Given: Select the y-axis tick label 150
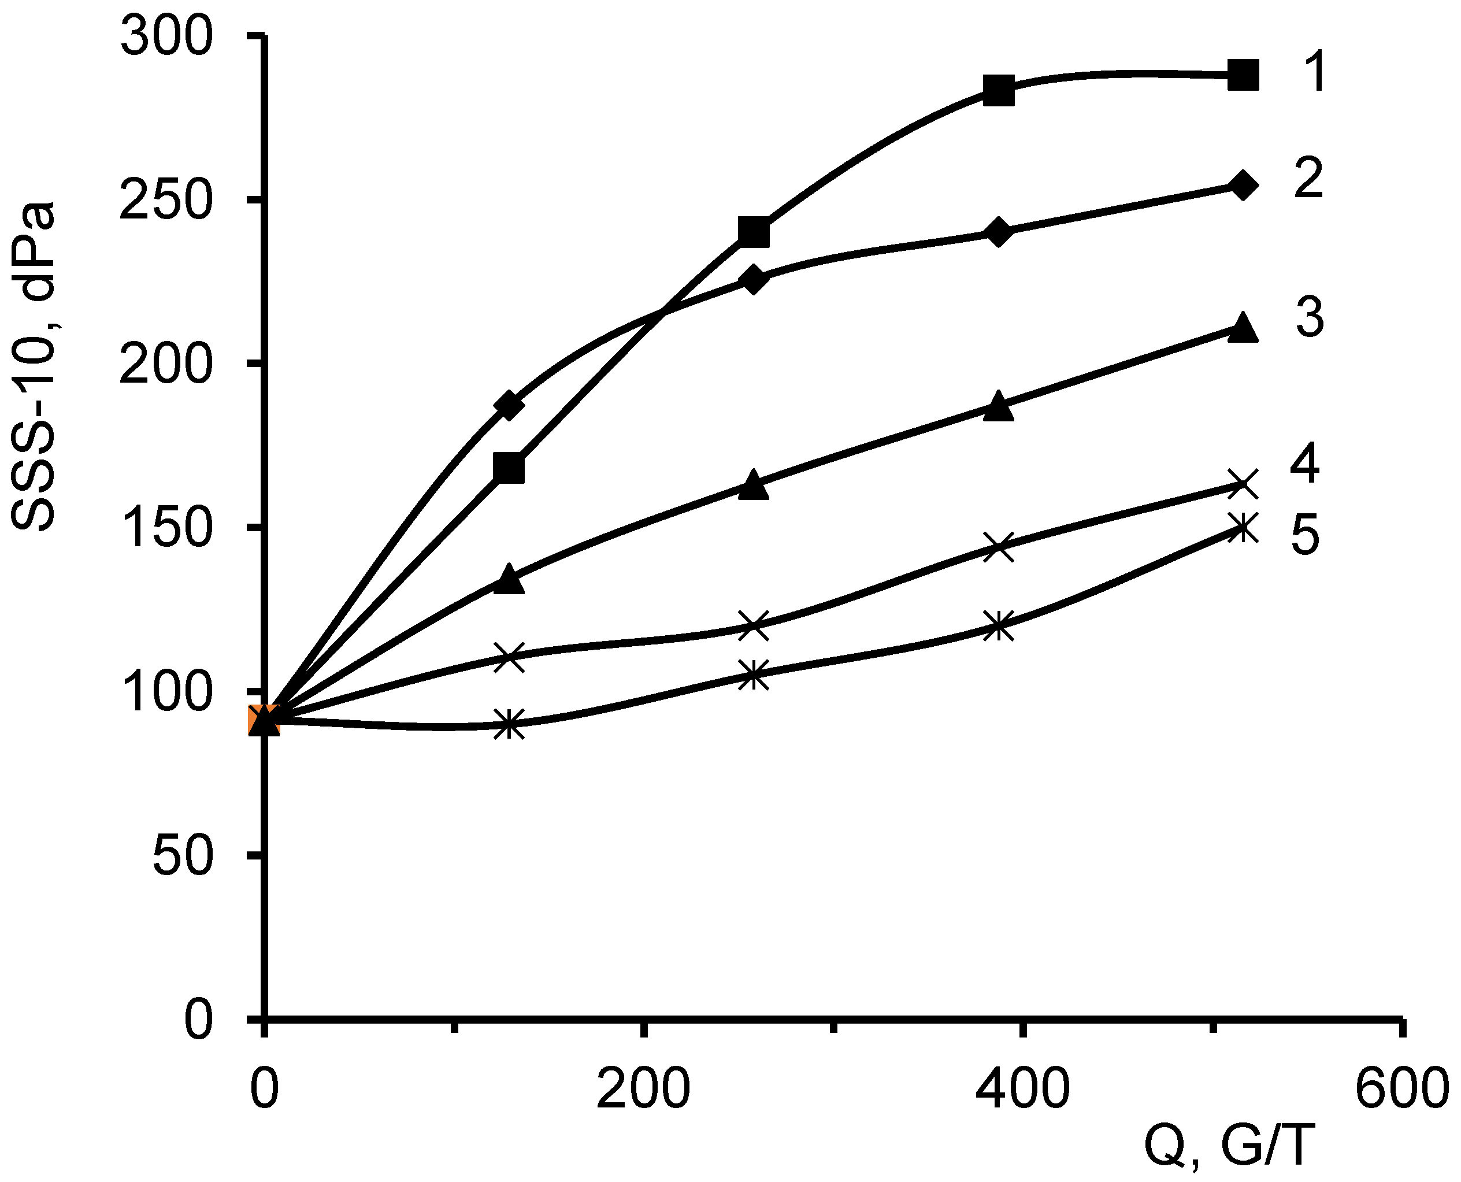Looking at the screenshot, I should pyautogui.click(x=166, y=528).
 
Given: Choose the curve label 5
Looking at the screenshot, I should pyautogui.click(x=1305, y=535).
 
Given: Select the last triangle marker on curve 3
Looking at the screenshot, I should pyautogui.click(x=1243, y=328).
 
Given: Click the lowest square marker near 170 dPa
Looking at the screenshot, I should pyautogui.click(x=509, y=468).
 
